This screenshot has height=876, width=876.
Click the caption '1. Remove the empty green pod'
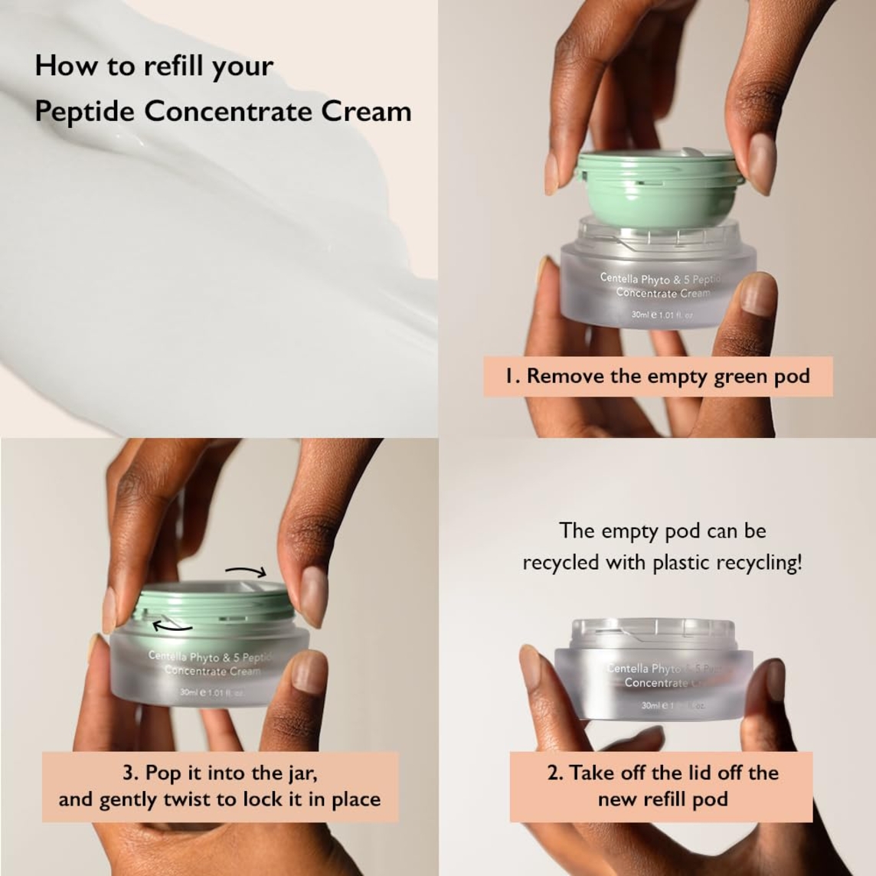point(657,376)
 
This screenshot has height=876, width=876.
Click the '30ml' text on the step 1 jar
point(640,315)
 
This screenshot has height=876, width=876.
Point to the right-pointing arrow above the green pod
point(245,571)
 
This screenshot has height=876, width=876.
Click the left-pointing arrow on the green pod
point(172,626)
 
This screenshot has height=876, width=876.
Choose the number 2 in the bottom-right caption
point(554,773)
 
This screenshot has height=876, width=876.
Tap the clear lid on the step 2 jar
point(654,632)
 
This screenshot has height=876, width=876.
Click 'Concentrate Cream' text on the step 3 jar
point(212,672)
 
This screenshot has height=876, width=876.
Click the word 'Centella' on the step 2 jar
point(628,668)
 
